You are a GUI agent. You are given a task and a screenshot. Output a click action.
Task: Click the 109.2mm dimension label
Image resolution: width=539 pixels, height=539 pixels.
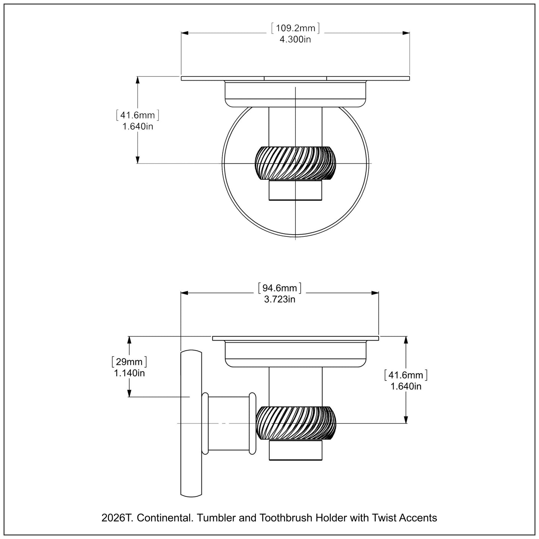(295, 28)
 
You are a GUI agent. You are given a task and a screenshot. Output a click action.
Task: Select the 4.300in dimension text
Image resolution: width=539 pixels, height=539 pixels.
(295, 39)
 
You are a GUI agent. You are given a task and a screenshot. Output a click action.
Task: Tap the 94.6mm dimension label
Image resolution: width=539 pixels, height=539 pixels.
(280, 288)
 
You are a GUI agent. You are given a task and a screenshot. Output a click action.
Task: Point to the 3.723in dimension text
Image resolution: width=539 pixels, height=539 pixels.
(280, 299)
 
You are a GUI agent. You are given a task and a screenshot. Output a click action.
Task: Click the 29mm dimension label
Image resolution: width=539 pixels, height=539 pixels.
(129, 361)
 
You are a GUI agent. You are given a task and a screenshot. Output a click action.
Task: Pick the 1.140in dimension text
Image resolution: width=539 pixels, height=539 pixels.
(129, 372)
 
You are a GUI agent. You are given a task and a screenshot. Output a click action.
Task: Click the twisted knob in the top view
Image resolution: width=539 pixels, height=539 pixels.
(295, 163)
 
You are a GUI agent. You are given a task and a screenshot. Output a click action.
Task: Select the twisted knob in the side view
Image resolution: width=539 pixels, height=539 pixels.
(296, 423)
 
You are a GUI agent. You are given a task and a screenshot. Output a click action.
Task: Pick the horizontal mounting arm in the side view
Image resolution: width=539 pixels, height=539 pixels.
(228, 423)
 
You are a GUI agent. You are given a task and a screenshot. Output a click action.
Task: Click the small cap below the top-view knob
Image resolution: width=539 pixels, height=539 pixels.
(295, 190)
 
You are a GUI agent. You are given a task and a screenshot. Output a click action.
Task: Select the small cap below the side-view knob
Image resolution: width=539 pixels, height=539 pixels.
(296, 450)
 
